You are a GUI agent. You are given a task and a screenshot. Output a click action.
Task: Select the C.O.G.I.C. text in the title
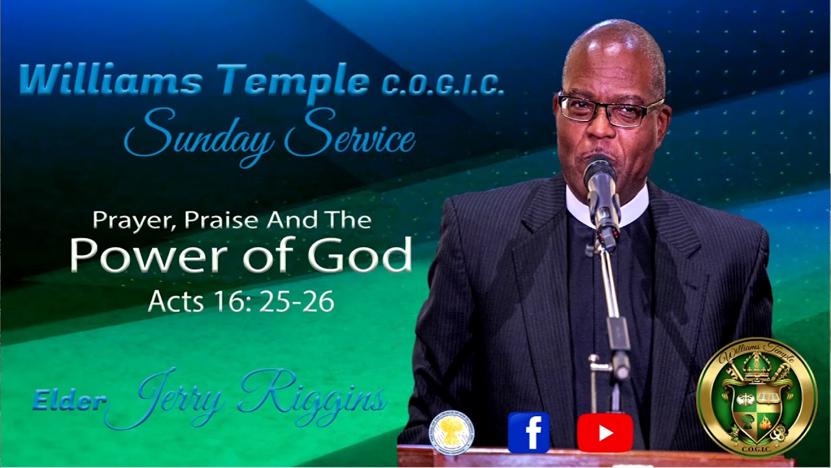tap(442, 85)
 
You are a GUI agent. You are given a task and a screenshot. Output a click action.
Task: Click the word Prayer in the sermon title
tap(134, 221)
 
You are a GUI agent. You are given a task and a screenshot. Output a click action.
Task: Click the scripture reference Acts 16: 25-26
tap(241, 301)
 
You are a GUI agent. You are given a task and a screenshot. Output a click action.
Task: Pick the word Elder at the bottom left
tap(69, 401)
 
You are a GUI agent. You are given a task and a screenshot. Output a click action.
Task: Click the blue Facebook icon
tap(528, 432)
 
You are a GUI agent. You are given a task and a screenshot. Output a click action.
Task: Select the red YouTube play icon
tap(604, 432)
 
